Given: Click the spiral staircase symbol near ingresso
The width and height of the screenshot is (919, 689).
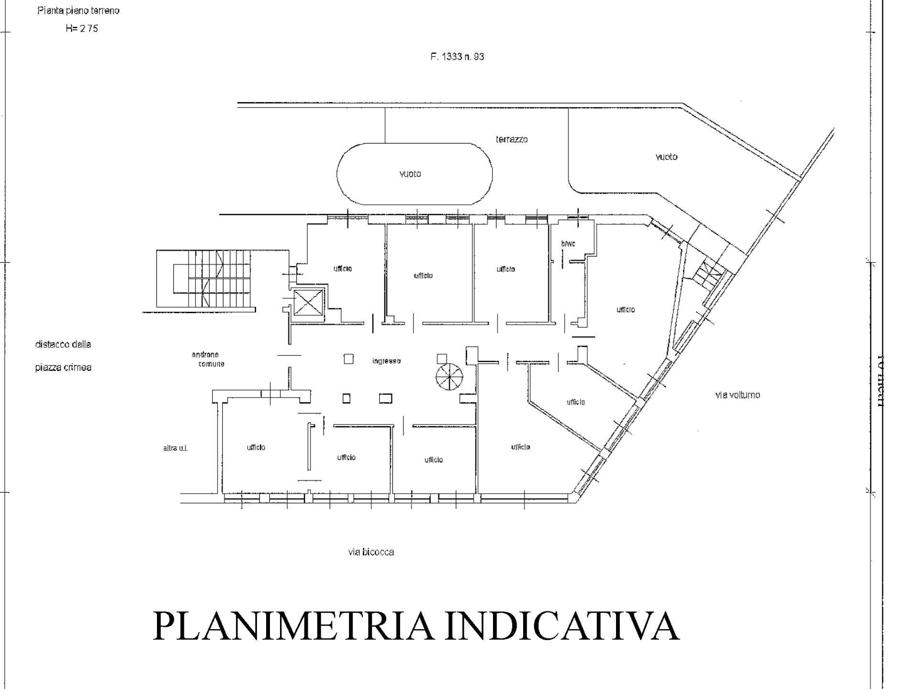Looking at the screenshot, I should point(450,377).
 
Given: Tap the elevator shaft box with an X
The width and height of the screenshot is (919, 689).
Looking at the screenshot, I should point(306,303).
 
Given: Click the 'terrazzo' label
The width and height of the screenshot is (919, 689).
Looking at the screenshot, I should point(512,139).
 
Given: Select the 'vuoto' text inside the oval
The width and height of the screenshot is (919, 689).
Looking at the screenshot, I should point(410,174).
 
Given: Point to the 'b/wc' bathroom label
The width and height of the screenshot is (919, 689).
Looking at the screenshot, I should point(568,244).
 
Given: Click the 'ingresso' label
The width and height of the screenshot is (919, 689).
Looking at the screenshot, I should point(386,361).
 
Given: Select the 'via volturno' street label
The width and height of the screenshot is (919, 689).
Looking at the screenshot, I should point(737,395).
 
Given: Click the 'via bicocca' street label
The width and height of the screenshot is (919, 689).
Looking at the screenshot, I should point(371,552).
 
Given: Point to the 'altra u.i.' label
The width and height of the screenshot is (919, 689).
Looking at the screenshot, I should point(175,449).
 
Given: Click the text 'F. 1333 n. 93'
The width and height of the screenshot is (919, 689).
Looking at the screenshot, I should point(457,56).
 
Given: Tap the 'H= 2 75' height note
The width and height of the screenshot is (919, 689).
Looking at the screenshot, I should point(82,28).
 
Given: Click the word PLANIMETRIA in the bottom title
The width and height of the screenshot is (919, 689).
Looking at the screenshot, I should point(292,626).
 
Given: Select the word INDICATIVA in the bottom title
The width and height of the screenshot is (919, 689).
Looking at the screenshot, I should point(562,626).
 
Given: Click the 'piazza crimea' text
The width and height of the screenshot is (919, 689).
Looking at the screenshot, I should point(63,368).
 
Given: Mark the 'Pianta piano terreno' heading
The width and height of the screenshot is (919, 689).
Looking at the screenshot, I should point(78,11).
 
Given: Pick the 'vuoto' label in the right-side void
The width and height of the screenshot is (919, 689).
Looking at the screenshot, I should point(666,157).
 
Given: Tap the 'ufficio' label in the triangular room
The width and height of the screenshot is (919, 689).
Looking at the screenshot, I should point(575,402).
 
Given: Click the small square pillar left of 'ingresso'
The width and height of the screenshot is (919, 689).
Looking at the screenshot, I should point(348,359).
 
